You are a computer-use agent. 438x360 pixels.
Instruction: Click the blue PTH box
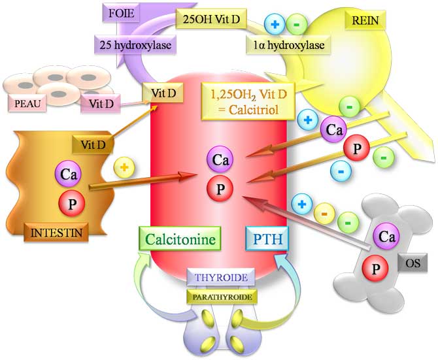(x=267, y=238)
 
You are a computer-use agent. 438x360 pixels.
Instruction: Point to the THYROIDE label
(x=221, y=278)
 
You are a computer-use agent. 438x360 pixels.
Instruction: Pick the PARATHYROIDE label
(x=221, y=296)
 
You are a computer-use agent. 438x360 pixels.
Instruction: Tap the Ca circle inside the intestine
(x=68, y=174)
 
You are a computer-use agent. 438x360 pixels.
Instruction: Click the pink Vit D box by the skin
(x=99, y=103)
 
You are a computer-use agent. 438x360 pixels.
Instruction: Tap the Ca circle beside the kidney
(x=335, y=130)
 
